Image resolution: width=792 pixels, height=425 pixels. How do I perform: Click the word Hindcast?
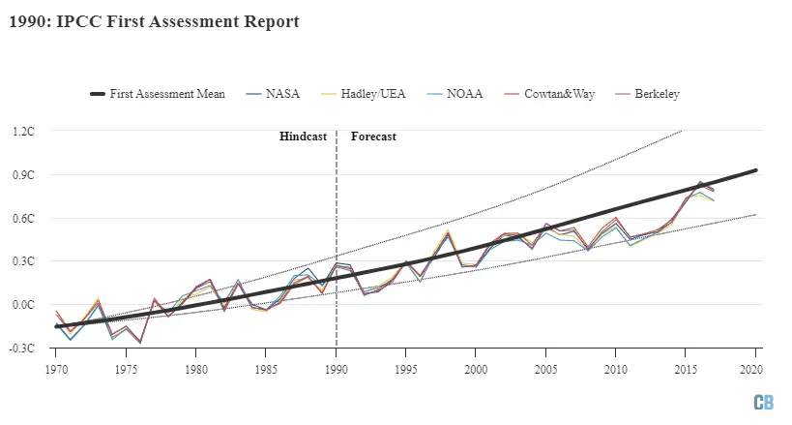303,137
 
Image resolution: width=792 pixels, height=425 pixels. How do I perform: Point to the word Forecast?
373,137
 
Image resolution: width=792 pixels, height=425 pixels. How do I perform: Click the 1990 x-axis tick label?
336,369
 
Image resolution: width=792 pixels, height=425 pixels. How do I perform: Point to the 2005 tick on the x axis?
545,369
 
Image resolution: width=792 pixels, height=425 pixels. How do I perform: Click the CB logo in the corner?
764,402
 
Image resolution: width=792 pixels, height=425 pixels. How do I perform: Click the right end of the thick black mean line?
755,170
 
